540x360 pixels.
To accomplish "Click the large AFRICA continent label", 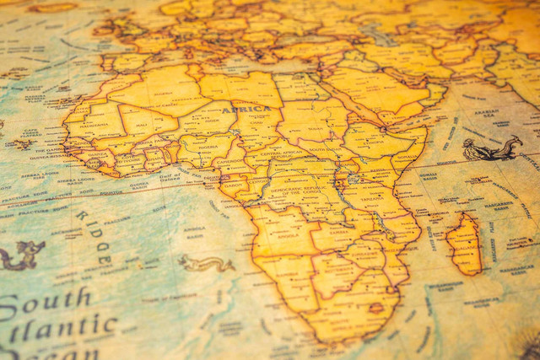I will [x=246, y=109].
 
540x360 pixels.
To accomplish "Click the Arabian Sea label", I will [x=486, y=111].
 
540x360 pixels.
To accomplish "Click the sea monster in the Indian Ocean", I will [x=491, y=150].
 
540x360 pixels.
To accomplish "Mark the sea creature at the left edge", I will [x=22, y=253].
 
